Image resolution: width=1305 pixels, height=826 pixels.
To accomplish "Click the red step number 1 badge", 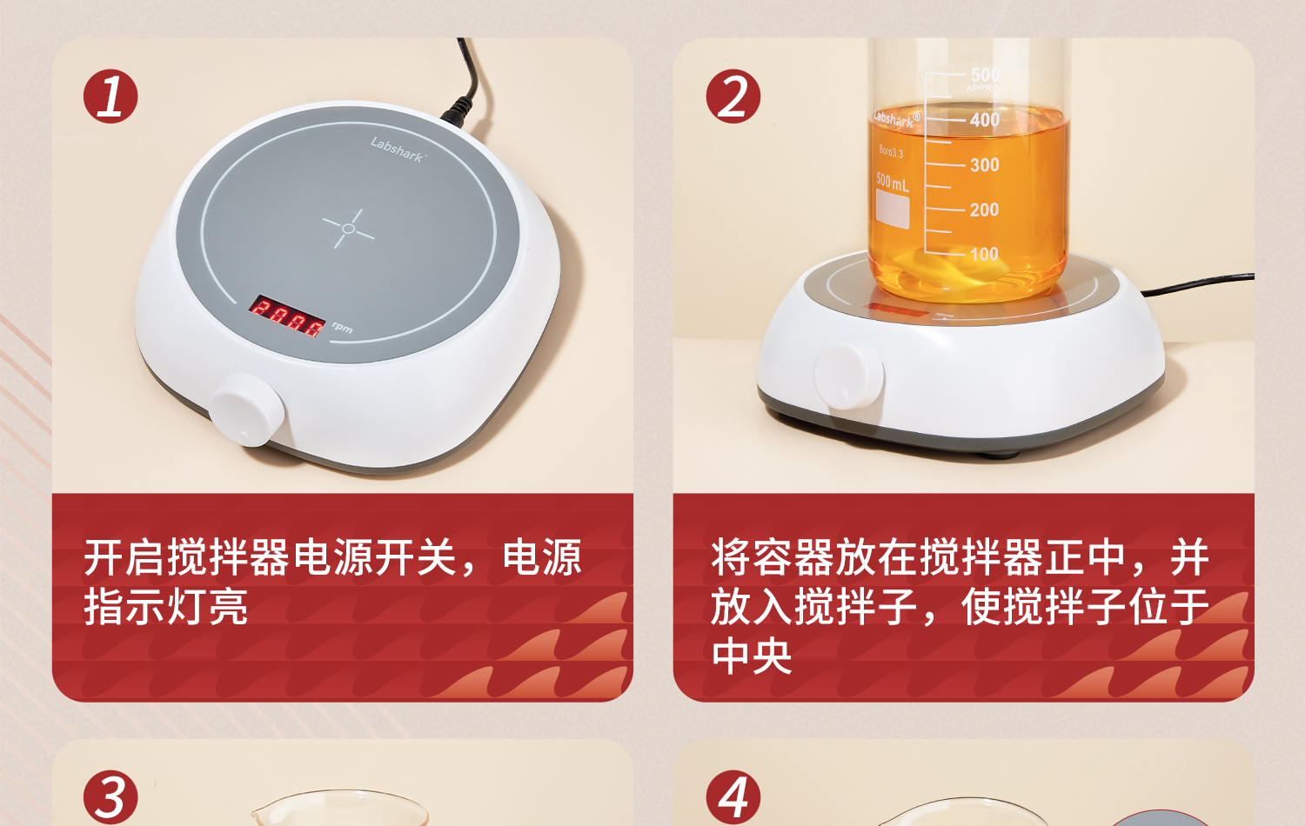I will pos(110,96).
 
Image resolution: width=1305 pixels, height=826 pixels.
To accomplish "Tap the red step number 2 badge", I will pos(733,96).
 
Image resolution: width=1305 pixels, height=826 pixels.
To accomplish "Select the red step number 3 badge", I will pos(110,796).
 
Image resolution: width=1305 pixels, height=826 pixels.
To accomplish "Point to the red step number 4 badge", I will pos(733,796).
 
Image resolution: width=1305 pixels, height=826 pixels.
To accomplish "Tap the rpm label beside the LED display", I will pos(342,328).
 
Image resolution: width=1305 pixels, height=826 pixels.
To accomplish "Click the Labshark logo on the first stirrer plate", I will pos(397,150).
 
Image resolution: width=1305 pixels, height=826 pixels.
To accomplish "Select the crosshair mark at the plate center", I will pos(348,229).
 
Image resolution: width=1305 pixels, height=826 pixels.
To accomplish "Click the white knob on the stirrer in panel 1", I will pos(246,410).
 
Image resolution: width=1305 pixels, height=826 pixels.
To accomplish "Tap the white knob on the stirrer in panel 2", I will pos(847,376).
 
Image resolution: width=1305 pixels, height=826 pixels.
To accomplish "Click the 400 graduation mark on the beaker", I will pos(985,120).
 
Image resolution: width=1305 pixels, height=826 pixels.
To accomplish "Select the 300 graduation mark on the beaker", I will pos(985,165).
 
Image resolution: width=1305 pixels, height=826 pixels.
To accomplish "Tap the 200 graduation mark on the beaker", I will pos(985,210).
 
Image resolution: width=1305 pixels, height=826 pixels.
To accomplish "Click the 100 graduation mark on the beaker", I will pos(985,255).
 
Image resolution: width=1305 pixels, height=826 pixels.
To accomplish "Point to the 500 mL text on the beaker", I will pos(892,183).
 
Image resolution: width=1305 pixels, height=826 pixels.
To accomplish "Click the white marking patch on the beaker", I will pos(893,210).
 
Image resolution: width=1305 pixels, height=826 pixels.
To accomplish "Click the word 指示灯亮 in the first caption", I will pos(166,607).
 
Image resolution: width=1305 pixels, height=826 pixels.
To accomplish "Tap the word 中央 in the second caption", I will pos(752,656).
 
